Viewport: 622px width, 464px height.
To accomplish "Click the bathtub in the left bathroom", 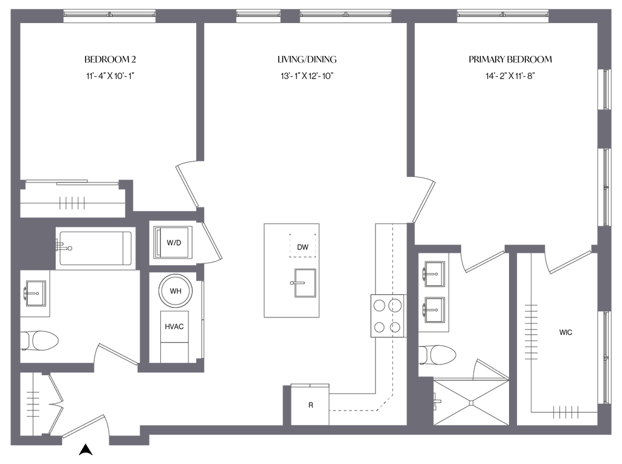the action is point(96,248).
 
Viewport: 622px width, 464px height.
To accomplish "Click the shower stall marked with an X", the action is point(472,401).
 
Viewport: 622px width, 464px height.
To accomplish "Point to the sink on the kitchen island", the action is point(302,282).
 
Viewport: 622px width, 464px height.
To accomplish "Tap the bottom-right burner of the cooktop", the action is point(396,328).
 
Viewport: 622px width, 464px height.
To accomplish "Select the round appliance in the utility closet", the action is point(176,290).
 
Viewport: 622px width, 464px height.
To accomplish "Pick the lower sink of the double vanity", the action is point(435,310).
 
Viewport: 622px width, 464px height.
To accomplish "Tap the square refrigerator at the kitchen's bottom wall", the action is point(310,404).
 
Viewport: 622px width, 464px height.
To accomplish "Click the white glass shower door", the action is point(493,370).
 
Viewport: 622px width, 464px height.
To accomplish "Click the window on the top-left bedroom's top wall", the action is point(109,16).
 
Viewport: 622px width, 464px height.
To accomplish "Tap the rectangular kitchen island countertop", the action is point(291,269).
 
